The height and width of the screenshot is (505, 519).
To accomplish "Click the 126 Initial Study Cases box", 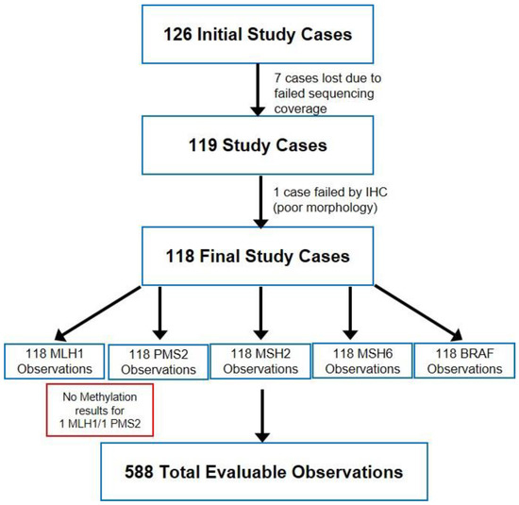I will tap(259, 35).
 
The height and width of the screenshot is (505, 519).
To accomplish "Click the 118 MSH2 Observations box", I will tap(259, 362).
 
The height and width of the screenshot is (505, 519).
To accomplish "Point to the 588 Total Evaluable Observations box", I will tap(259, 469).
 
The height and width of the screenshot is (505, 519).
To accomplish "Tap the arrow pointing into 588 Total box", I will tap(259, 412).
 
